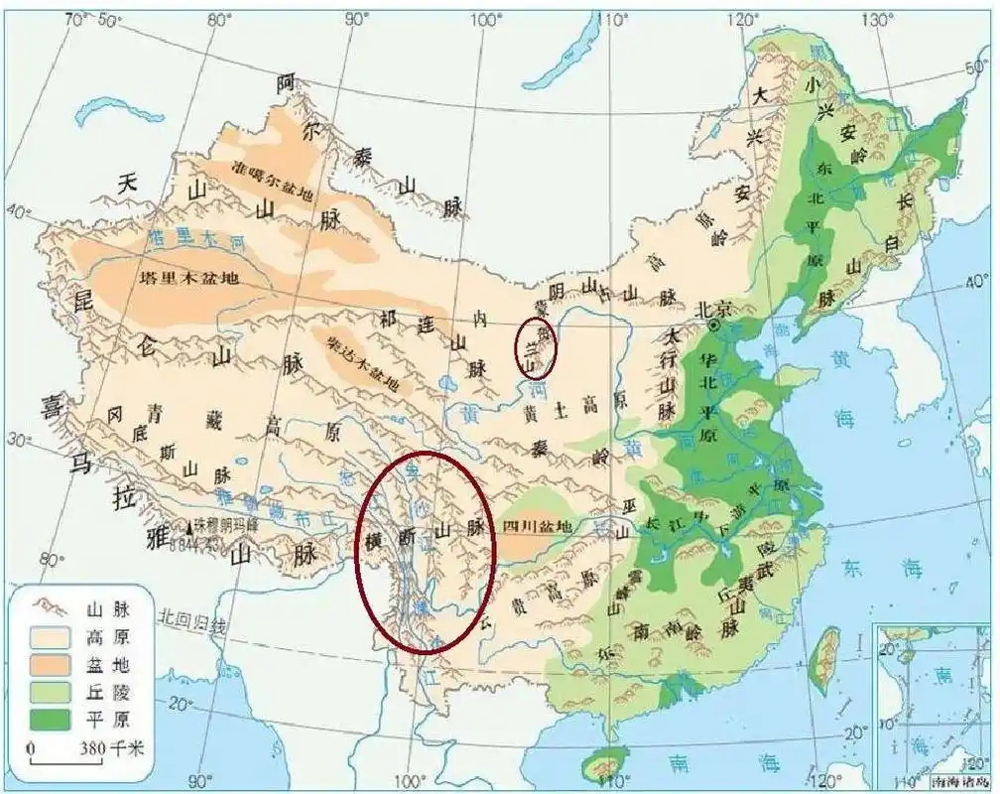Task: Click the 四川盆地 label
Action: (537, 526)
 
